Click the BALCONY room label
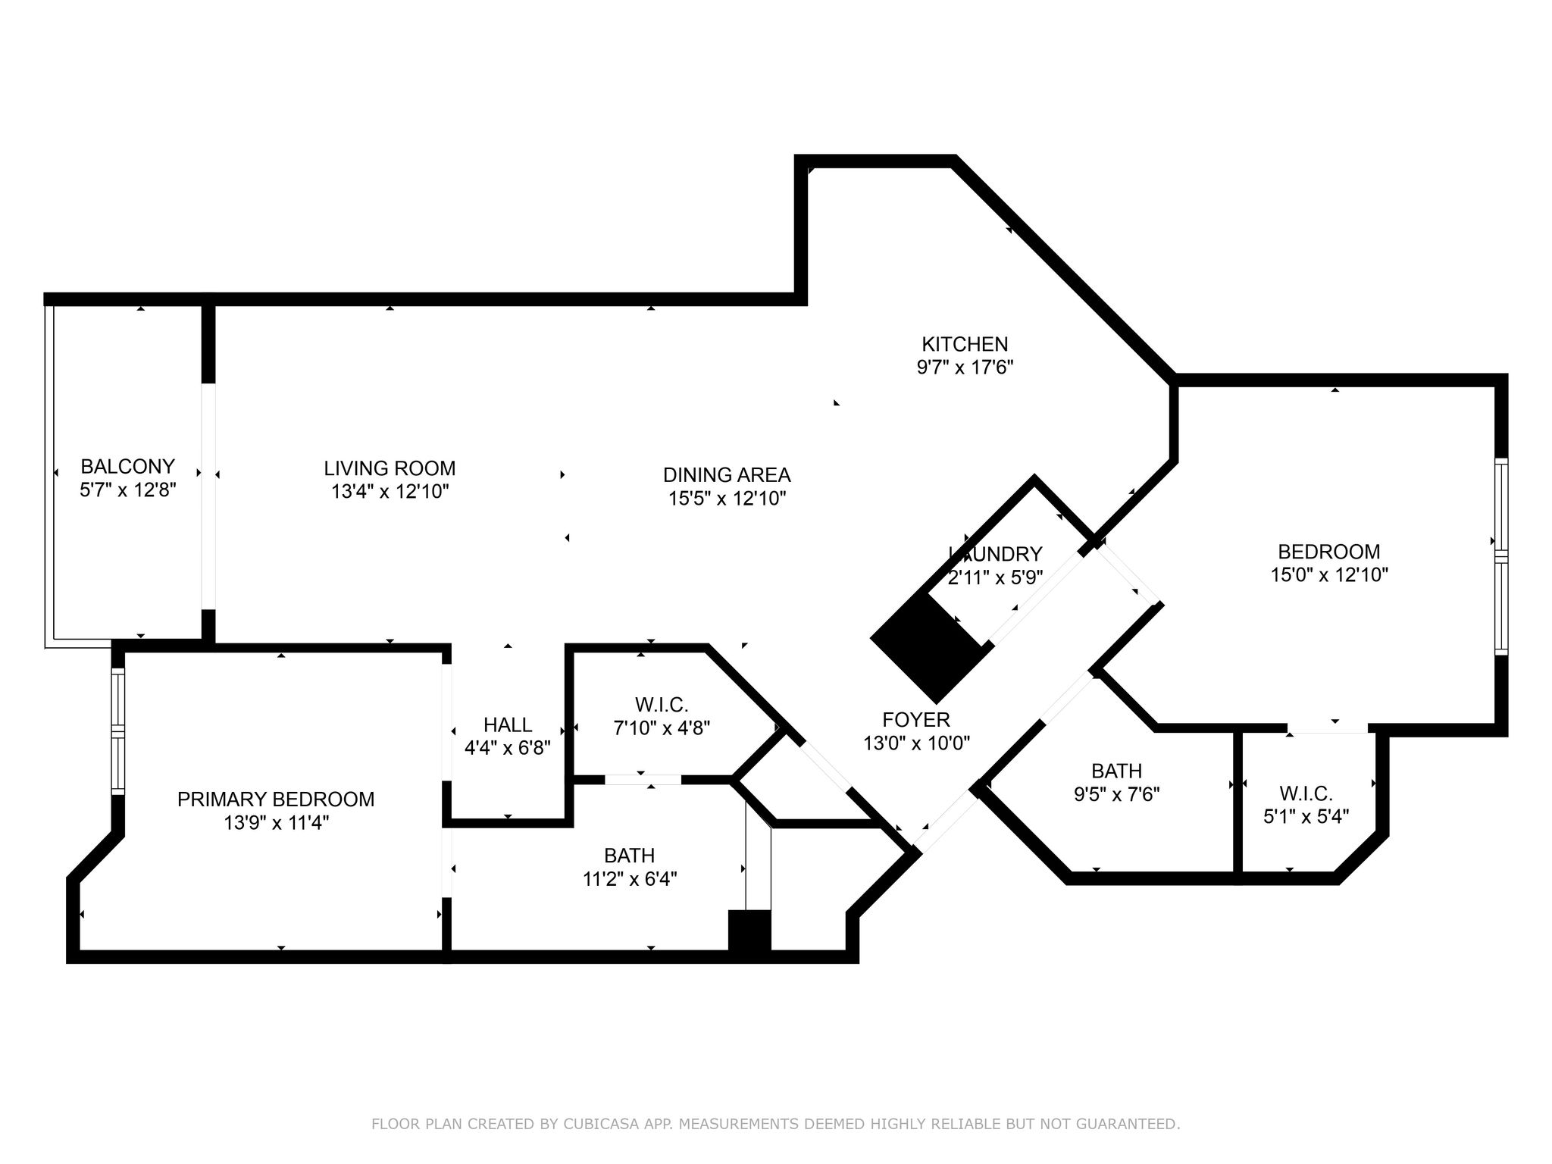pos(128,466)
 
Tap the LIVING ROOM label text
pos(390,468)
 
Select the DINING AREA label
pos(727,475)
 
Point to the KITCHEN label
pos(965,344)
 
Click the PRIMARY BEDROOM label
pos(276,799)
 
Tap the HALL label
pos(508,724)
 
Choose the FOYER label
pos(916,719)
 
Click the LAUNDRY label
pos(996,554)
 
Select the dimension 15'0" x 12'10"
pos(1329,575)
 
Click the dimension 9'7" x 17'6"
pos(965,368)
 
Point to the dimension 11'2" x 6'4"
pos(630,879)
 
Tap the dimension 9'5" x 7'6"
pos(1117,794)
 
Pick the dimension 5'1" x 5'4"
pos(1306,817)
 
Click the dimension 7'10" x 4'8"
pos(662,728)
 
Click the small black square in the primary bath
pos(749,931)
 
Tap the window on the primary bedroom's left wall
pos(117,731)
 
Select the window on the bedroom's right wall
pos(1501,556)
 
